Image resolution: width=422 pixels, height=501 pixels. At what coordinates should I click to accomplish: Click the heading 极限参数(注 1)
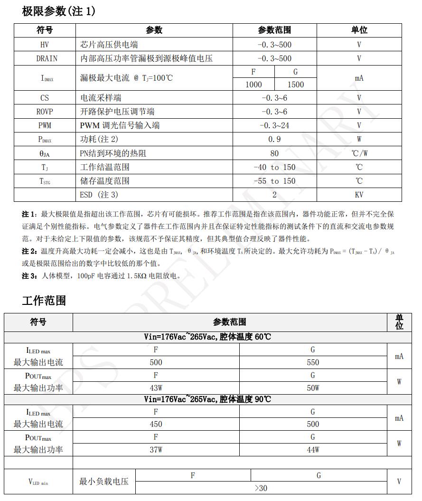click(58, 11)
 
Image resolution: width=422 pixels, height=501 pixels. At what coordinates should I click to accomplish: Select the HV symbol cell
click(45, 45)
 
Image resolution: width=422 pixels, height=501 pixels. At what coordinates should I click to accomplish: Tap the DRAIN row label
click(47, 58)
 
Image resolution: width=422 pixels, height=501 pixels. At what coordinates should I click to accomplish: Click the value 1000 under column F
click(253, 85)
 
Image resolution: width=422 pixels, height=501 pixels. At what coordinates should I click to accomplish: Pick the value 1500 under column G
click(296, 85)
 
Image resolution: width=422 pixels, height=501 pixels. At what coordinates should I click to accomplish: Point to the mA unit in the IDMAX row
click(359, 78)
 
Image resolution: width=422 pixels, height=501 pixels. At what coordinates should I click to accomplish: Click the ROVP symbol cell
click(45, 112)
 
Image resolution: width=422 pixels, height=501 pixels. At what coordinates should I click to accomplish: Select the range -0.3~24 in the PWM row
click(274, 125)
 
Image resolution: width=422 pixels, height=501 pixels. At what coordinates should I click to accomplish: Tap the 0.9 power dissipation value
click(274, 139)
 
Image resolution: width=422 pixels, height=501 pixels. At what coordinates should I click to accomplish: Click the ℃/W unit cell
click(359, 153)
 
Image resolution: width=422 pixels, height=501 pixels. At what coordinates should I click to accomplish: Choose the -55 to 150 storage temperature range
click(274, 181)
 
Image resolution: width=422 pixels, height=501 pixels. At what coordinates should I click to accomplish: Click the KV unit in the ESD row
click(359, 195)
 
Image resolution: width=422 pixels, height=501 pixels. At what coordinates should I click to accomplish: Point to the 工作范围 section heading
click(44, 300)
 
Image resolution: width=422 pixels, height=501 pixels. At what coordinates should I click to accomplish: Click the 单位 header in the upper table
click(359, 30)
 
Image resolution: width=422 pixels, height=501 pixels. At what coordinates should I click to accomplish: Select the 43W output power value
click(156, 388)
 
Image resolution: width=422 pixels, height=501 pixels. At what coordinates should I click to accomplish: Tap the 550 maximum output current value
click(313, 362)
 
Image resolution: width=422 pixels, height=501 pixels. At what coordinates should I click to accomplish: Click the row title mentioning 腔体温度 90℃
click(207, 399)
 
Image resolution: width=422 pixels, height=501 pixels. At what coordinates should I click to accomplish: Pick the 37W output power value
click(156, 450)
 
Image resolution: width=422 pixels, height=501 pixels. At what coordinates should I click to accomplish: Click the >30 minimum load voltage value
click(261, 488)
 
